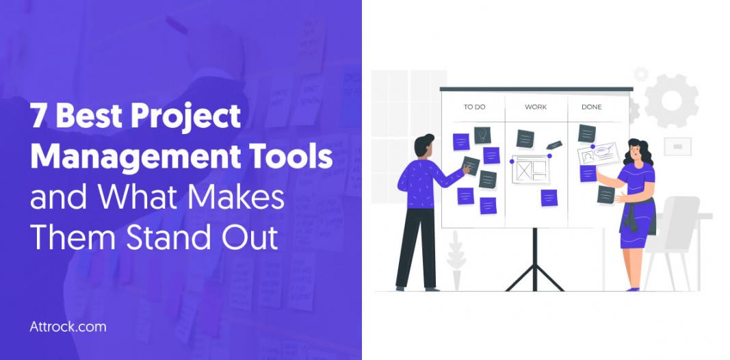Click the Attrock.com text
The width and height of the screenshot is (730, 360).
(68, 326)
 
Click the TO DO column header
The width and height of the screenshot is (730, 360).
(474, 107)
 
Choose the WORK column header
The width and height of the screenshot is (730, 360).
(536, 107)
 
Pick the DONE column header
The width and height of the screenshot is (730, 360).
(591, 107)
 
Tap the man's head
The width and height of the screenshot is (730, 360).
(424, 145)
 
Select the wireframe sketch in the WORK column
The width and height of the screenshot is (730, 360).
(531, 170)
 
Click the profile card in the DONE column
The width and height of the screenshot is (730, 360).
(598, 153)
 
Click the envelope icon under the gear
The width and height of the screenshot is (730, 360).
(677, 146)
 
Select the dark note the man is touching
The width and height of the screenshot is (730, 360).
(471, 166)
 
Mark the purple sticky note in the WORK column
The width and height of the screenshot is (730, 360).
(549, 198)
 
